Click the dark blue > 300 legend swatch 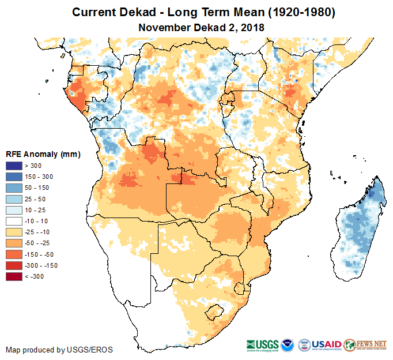[x=14, y=166]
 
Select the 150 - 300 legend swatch [x=14, y=177]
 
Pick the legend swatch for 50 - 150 [x=14, y=188]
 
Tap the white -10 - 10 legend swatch [x=14, y=221]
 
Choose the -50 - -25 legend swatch [x=14, y=243]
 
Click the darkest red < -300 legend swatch [x=14, y=276]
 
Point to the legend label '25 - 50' [x=35, y=199]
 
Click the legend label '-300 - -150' [x=41, y=265]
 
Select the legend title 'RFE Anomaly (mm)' [x=43, y=155]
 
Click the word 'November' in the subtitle [x=164, y=27]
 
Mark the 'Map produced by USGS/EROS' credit [x=59, y=350]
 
